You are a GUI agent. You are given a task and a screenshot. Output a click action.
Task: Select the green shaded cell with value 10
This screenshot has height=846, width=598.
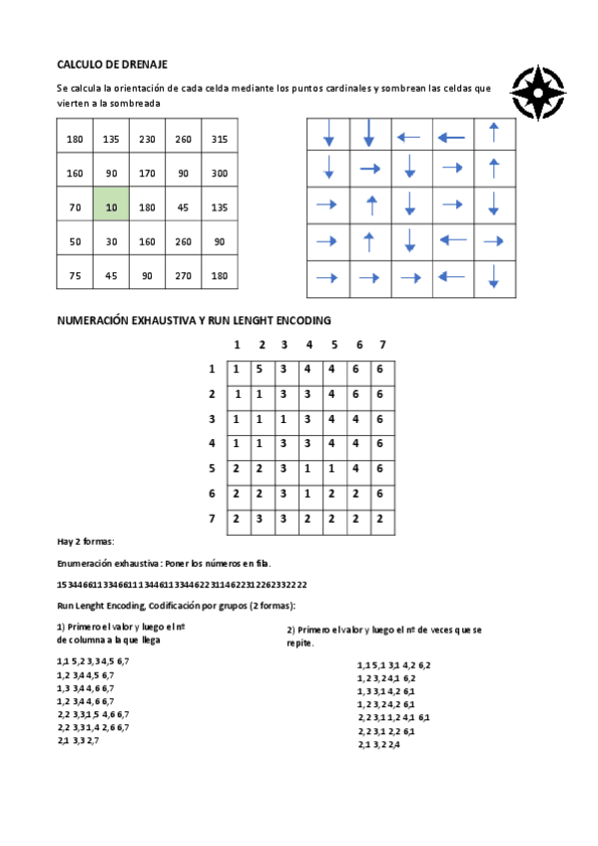(111, 208)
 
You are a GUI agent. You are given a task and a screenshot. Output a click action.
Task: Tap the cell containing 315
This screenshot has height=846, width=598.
(220, 139)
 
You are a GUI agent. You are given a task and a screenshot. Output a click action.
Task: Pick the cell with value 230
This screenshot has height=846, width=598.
(148, 139)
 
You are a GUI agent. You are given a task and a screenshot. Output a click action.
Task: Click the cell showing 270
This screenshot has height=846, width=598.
(184, 275)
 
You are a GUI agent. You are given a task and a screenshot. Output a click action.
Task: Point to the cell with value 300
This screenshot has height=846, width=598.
(220, 174)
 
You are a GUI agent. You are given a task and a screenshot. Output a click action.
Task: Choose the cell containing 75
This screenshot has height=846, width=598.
(75, 275)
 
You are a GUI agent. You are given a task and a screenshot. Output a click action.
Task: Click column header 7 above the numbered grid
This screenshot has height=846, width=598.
(381, 345)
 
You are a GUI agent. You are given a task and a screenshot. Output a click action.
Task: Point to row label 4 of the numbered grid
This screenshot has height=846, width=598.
(212, 443)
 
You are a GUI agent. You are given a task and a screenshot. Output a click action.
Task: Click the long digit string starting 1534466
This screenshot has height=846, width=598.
(182, 585)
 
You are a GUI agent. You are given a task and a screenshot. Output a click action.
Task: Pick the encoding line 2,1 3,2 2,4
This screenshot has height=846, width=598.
(378, 744)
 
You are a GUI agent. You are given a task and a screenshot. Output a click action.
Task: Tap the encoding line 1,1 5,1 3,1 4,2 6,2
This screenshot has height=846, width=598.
(393, 664)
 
